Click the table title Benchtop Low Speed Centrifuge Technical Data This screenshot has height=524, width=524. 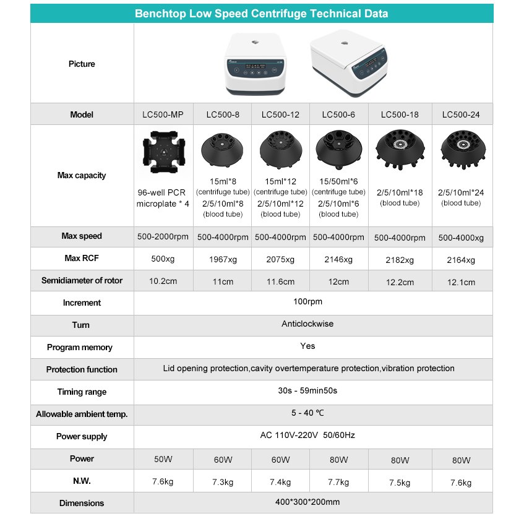[262, 14]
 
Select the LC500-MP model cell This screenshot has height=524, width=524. [163, 114]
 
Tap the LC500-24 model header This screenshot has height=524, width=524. [461, 114]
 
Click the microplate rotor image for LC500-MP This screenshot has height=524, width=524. [163, 155]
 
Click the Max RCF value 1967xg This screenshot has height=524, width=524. [223, 259]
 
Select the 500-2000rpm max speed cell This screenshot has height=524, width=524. [163, 236]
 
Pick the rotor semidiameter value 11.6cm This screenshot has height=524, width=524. [280, 281]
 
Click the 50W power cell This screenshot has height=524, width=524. [163, 460]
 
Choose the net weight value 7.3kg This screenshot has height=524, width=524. [223, 482]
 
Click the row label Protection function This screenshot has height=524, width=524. [82, 369]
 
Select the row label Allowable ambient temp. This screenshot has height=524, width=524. [82, 414]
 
